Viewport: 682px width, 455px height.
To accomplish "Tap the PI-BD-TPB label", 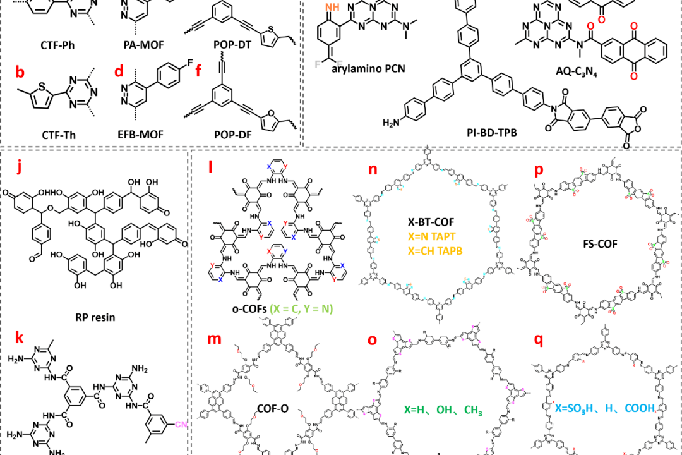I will (x=472, y=133).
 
